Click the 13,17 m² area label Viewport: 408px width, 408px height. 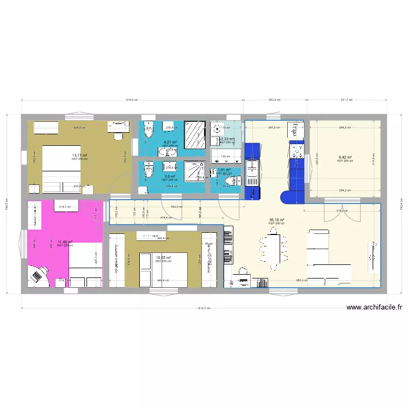pos(79,155)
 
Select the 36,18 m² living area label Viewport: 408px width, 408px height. pos(276,221)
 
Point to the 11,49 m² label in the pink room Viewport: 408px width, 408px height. pos(65,243)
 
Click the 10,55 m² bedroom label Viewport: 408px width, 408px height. pos(163,258)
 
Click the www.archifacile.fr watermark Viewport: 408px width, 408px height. pos(374,307)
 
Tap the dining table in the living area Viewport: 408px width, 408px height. pos(274,248)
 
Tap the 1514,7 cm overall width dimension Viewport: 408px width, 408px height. pos(202,308)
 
